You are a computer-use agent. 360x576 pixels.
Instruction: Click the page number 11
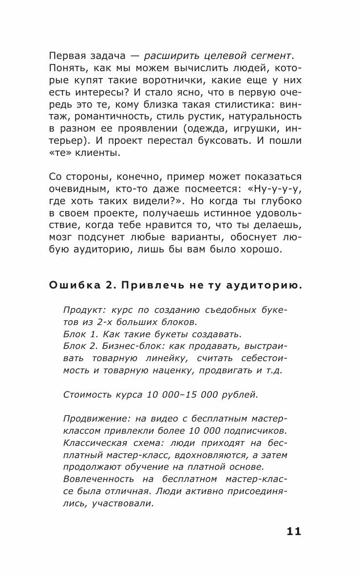(294, 531)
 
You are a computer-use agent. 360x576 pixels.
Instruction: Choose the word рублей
(242, 395)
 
